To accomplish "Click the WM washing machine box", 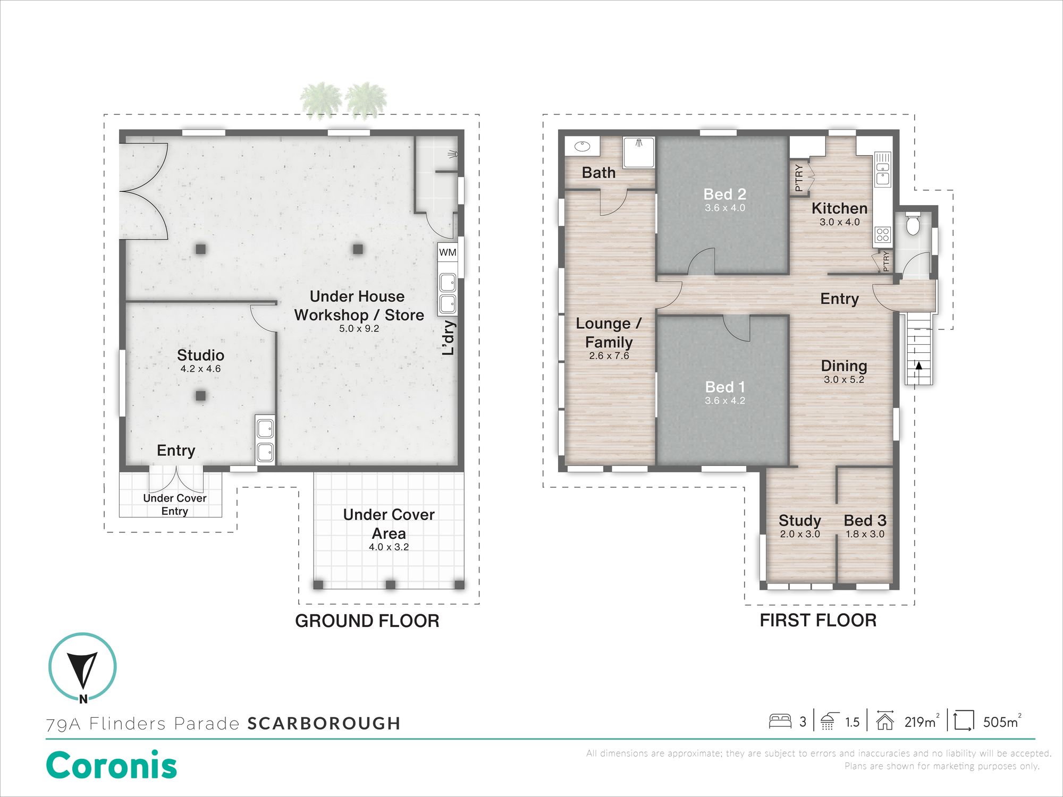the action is click(x=448, y=252).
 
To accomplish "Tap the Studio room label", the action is click(x=200, y=355).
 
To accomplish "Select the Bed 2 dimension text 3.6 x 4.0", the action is click(x=725, y=208).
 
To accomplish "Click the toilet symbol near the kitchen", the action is click(x=913, y=223).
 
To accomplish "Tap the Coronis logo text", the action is click(x=112, y=765).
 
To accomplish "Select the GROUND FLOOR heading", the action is click(x=367, y=621).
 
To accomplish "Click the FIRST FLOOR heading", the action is click(x=818, y=620).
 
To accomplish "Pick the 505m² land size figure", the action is click(x=1002, y=721).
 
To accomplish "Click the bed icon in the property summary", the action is click(x=780, y=721).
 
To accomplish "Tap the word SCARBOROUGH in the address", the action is click(x=324, y=723).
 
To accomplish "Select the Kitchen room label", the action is click(x=839, y=208).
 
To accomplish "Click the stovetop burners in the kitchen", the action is click(x=883, y=234).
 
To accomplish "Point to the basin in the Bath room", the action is click(x=583, y=145).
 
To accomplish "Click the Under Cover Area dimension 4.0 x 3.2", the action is click(x=389, y=547).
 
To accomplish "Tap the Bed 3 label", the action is click(x=865, y=520).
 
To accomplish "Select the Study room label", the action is click(x=800, y=521).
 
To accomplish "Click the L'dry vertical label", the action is click(x=449, y=337).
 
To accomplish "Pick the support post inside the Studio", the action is click(x=200, y=395).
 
